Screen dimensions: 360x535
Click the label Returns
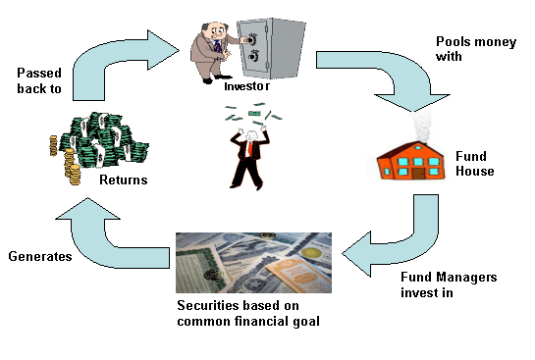124,180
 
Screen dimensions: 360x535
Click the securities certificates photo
253,262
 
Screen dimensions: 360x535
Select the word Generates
40,256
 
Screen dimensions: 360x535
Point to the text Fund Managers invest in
448,284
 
